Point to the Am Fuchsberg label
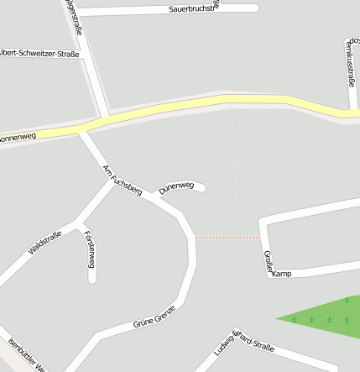tap(121, 181)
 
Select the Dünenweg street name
tap(176, 186)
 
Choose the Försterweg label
tap(90, 250)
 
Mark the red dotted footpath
tap(227, 238)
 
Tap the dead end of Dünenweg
tap(202, 187)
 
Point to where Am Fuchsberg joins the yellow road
tap(82, 128)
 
